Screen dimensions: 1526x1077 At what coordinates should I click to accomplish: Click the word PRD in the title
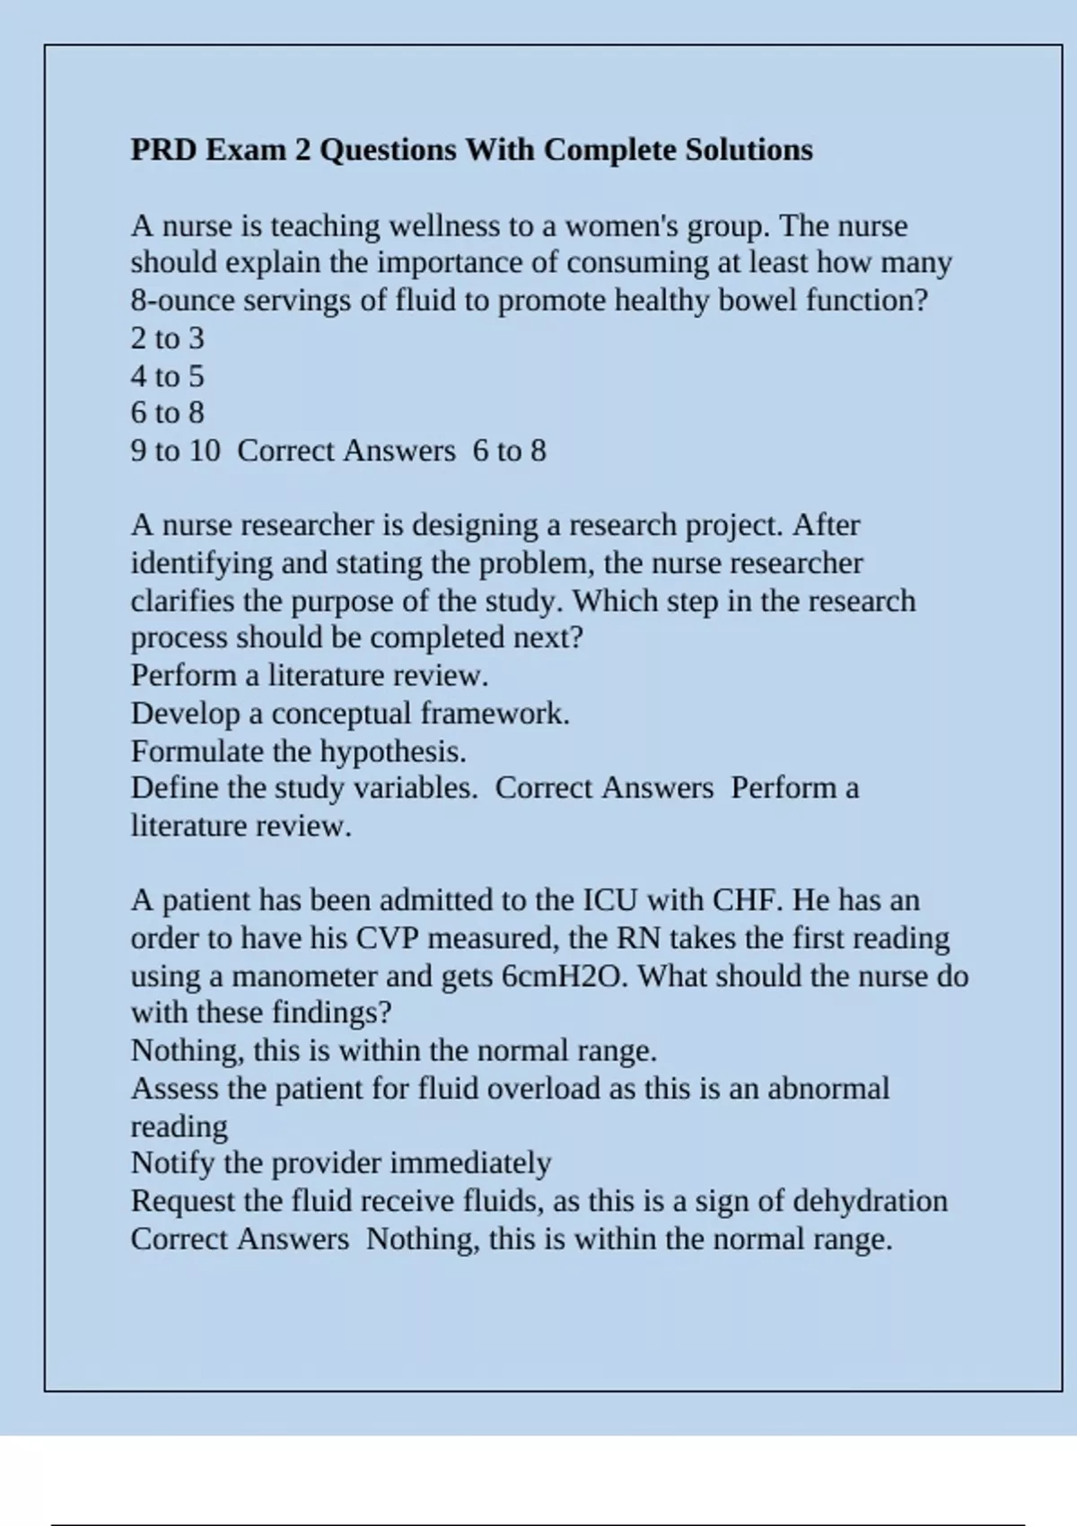pos(163,149)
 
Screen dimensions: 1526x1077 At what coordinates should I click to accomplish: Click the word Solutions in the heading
pos(749,149)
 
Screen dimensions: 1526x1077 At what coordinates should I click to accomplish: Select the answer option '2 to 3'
pos(167,338)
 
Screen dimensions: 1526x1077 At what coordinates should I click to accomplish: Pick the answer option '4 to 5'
pos(167,376)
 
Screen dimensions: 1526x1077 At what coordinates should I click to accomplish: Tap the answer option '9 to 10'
pos(175,451)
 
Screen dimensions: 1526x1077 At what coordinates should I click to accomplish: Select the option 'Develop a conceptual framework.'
pos(350,714)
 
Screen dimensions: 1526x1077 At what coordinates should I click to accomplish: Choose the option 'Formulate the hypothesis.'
pos(298,751)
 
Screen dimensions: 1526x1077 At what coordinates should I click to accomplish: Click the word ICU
pos(610,900)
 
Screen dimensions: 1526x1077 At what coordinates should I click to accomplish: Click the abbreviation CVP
pos(388,938)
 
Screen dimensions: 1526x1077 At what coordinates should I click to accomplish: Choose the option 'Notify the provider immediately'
pos(341,1163)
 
